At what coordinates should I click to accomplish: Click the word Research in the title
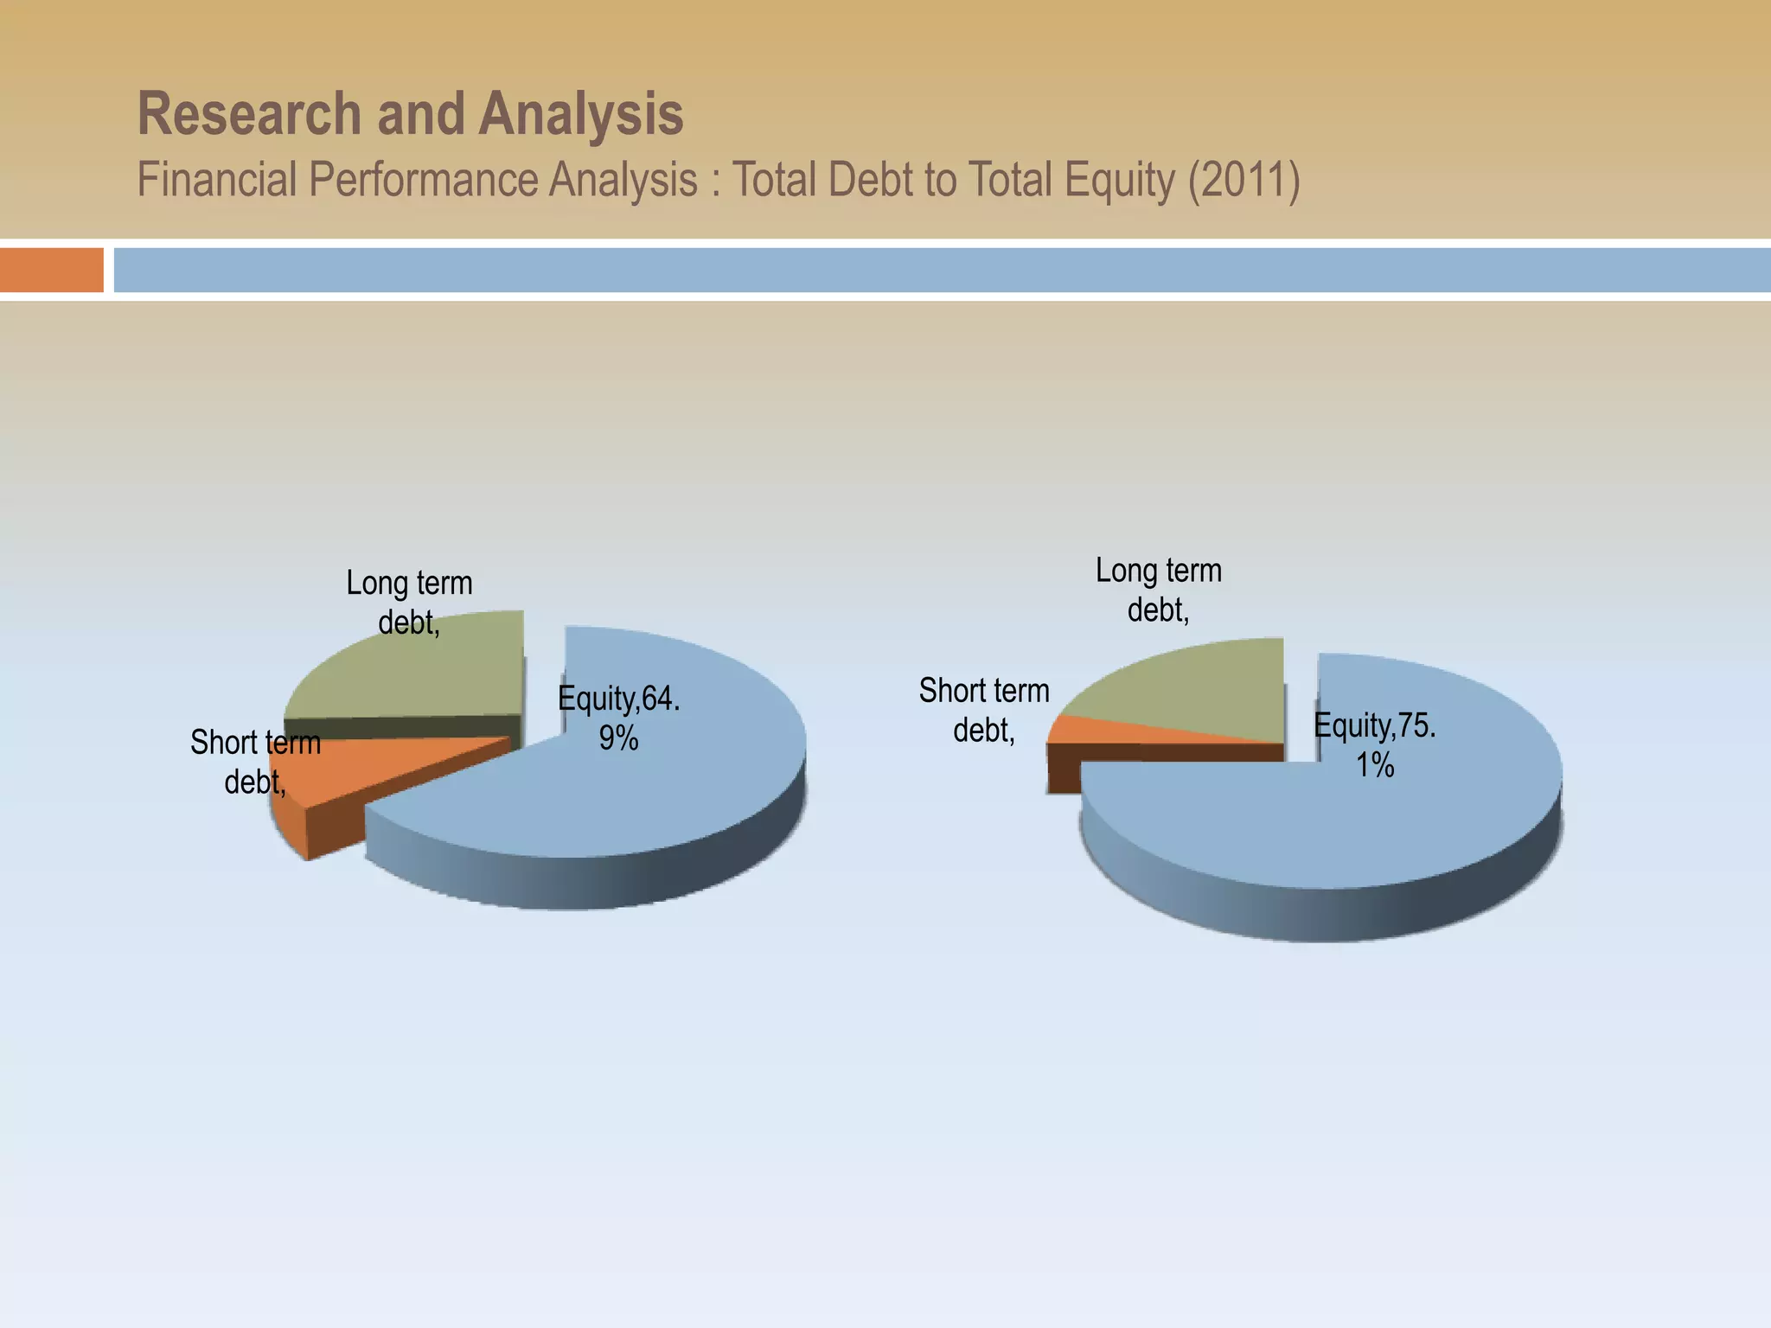(x=249, y=114)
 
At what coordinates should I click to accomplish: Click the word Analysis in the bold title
(x=581, y=114)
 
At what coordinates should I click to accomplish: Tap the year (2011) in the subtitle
(x=1244, y=181)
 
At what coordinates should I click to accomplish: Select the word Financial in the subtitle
(x=216, y=181)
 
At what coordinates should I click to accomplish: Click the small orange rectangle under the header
(x=51, y=270)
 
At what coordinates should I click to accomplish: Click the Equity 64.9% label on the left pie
(x=619, y=718)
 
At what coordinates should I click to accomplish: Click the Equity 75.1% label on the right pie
(x=1375, y=744)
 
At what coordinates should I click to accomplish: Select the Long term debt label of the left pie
(x=409, y=603)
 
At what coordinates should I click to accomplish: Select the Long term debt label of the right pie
(x=1159, y=590)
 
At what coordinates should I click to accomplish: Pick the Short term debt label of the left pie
(x=255, y=762)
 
